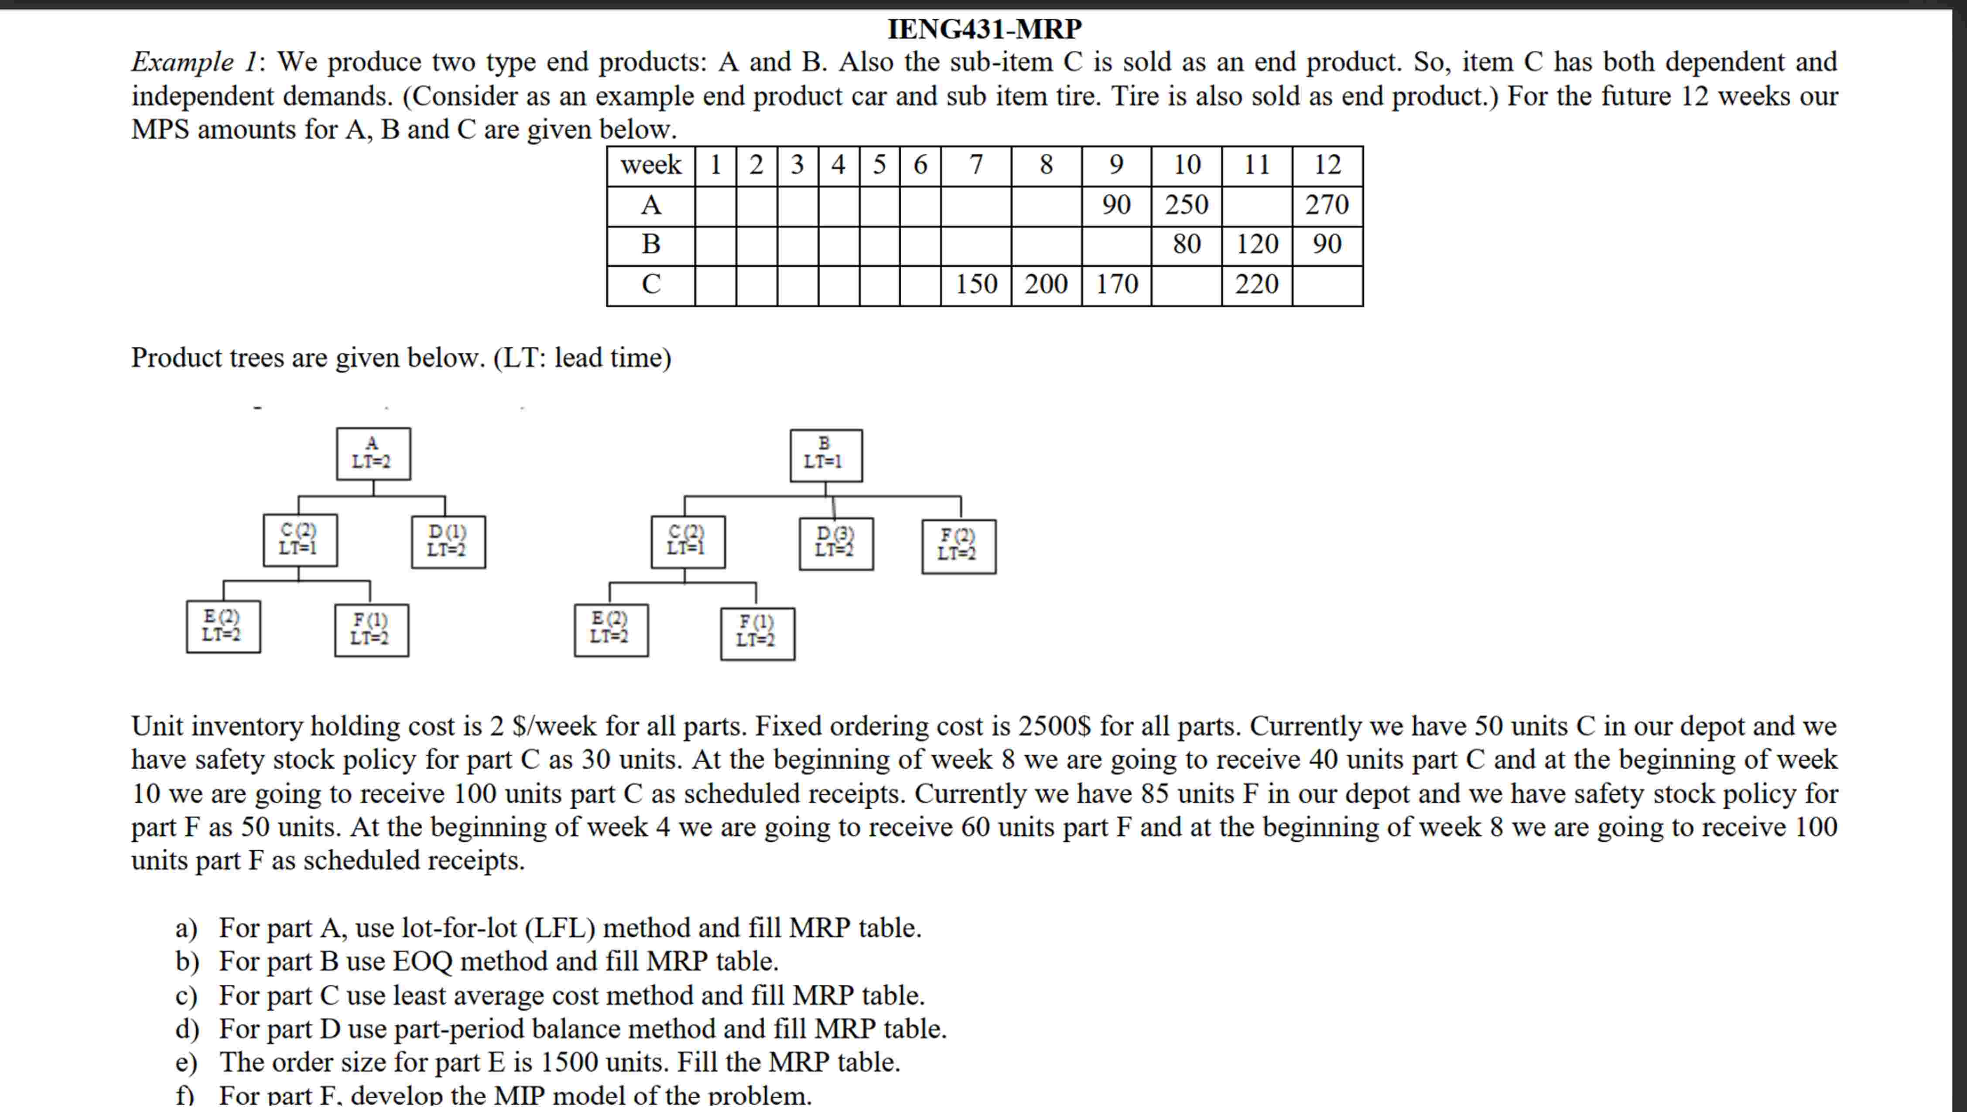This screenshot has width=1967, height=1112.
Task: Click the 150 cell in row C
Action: coord(976,284)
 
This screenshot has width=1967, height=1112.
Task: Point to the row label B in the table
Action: coord(650,244)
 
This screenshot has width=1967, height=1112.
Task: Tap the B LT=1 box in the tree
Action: coord(825,455)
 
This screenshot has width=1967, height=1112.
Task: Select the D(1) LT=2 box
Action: coord(448,542)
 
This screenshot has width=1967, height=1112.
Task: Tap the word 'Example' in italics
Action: coord(182,62)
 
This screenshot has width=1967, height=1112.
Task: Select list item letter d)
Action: coord(186,1029)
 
